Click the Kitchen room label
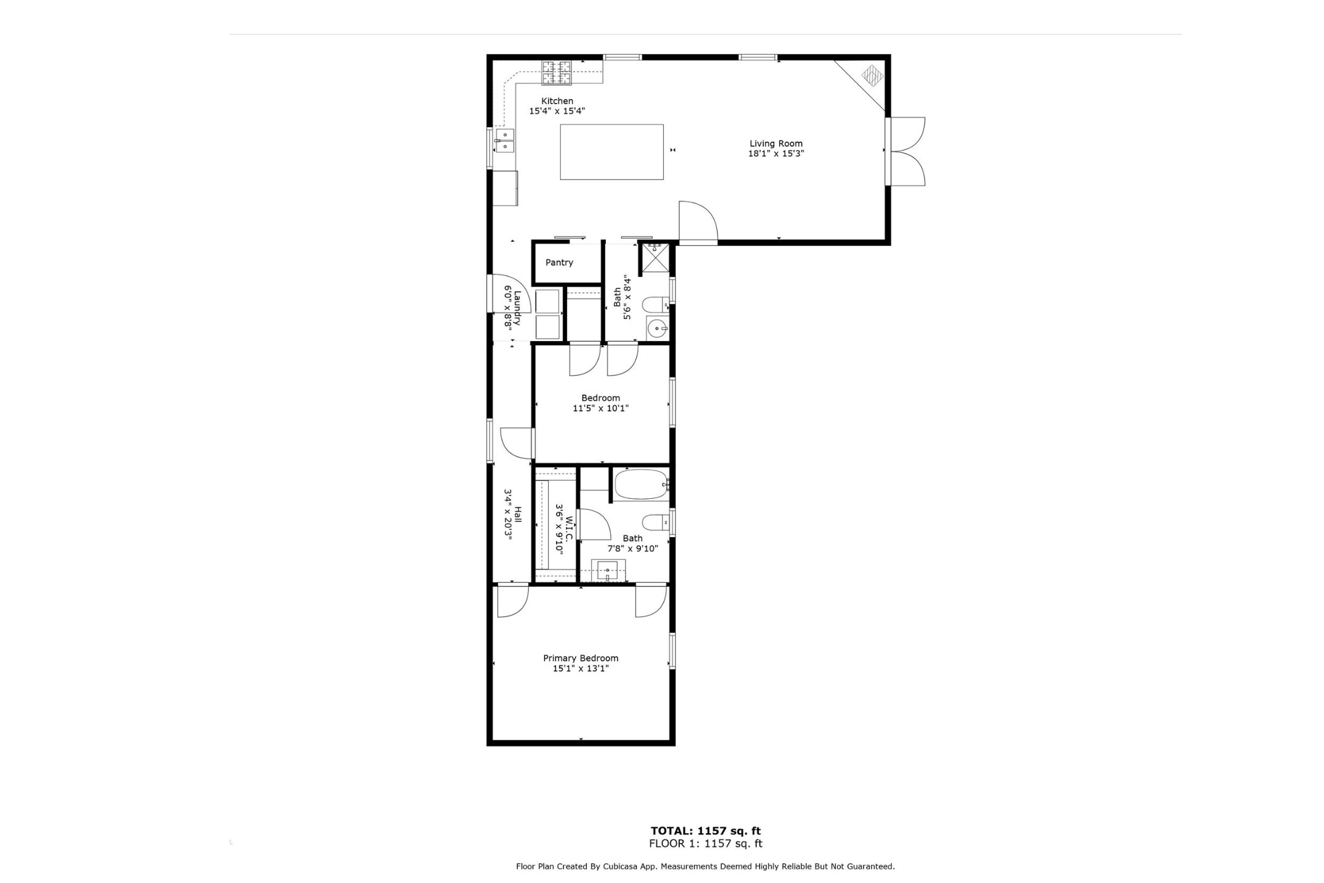(x=557, y=101)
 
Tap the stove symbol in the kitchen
(x=557, y=73)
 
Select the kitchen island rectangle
(x=611, y=152)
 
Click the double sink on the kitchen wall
(x=505, y=141)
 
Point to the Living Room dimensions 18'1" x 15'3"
(x=775, y=154)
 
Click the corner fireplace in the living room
(x=872, y=76)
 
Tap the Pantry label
(x=559, y=263)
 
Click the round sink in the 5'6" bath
(x=656, y=329)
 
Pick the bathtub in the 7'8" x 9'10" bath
(x=641, y=485)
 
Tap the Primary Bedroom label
(x=580, y=659)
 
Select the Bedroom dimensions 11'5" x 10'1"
(x=600, y=408)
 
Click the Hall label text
(x=518, y=514)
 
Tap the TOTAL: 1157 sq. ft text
(x=705, y=831)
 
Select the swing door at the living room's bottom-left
(x=698, y=222)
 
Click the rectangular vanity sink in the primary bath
(x=608, y=570)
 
